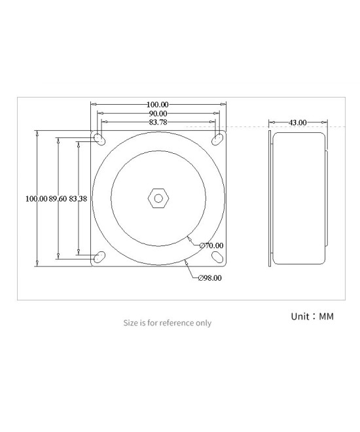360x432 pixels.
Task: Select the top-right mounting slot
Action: pos(216,139)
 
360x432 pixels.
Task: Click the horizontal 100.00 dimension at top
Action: pos(157,104)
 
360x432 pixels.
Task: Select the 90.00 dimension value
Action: pos(157,113)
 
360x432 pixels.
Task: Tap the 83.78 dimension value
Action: pos(157,122)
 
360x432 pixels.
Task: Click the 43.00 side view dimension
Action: pos(298,122)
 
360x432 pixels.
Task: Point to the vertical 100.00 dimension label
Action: pos(35,198)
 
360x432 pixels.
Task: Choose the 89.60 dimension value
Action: pos(58,198)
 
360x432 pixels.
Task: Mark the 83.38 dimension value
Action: pos(78,198)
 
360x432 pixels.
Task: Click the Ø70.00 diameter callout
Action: pos(212,245)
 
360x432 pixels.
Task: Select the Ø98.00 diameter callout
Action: pos(210,278)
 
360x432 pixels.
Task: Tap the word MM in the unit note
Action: pos(326,316)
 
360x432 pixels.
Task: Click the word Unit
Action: pos(300,316)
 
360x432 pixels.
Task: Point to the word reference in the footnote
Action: pos(170,323)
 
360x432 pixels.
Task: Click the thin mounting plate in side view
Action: pos(270,197)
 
